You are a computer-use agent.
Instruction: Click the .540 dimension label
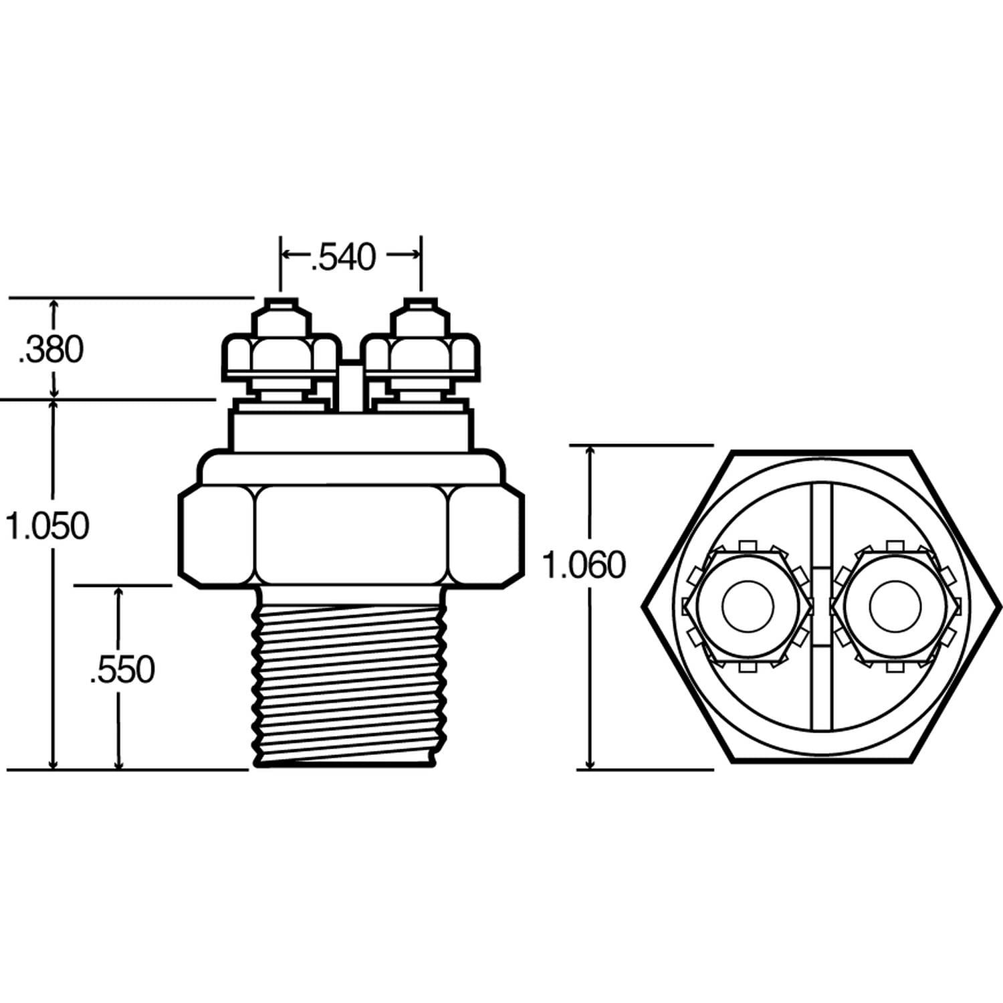click(344, 257)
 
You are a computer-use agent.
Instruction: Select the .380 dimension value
click(51, 349)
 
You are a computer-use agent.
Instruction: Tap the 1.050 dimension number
click(47, 526)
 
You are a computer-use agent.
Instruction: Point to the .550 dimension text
click(122, 669)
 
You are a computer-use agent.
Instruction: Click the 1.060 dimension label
click(584, 565)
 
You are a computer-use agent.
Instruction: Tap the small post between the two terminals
click(350, 384)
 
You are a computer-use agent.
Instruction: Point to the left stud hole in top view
click(748, 606)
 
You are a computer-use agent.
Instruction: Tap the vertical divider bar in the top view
click(821, 522)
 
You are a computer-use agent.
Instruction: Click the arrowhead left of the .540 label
click(286, 254)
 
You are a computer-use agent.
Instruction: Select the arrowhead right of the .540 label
click(415, 254)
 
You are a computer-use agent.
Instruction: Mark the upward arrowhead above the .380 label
click(54, 305)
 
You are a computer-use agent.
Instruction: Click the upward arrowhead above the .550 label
click(119, 592)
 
